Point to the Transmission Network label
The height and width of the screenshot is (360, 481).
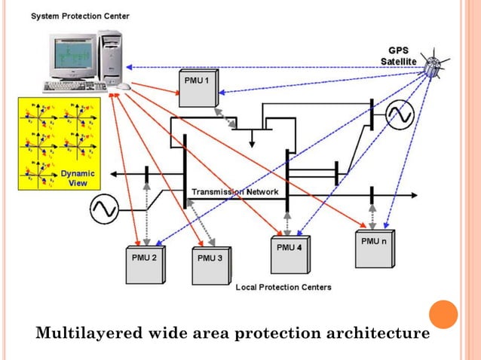click(x=234, y=192)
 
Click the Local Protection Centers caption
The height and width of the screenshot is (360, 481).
click(x=283, y=287)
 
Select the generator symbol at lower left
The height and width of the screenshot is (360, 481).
click(x=104, y=209)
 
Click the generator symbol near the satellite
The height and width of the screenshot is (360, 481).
click(x=399, y=114)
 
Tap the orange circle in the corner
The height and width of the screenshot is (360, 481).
click(x=443, y=314)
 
